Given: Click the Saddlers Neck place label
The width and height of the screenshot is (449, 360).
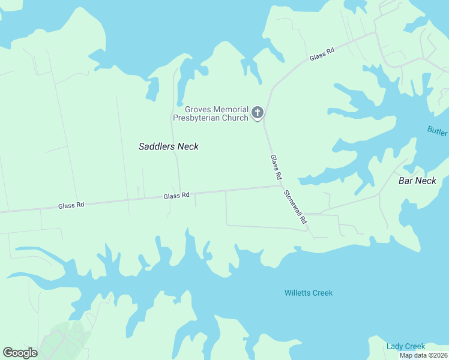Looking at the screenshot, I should [x=168, y=146].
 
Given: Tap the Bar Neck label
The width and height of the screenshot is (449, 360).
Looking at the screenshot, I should [x=417, y=181].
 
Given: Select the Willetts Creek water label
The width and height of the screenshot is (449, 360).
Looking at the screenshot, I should [x=308, y=293].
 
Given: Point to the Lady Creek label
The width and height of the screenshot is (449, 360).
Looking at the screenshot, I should [x=406, y=346].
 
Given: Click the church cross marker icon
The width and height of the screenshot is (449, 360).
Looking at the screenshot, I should [x=258, y=112].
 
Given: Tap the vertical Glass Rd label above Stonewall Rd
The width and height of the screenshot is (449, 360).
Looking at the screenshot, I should [x=276, y=168].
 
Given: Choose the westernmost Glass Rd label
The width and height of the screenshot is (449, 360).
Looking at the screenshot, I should [x=71, y=205].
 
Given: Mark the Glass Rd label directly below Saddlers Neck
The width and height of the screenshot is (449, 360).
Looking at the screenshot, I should [x=176, y=196].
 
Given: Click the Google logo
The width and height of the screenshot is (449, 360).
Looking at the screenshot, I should [x=20, y=353].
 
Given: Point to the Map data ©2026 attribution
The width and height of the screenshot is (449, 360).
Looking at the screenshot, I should [x=423, y=355].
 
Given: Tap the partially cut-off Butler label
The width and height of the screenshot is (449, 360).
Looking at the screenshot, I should [x=438, y=130].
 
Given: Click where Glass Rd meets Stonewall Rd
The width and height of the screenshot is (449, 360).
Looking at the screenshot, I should [x=282, y=185].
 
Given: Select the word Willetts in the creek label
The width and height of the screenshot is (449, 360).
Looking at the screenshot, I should [x=297, y=293].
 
